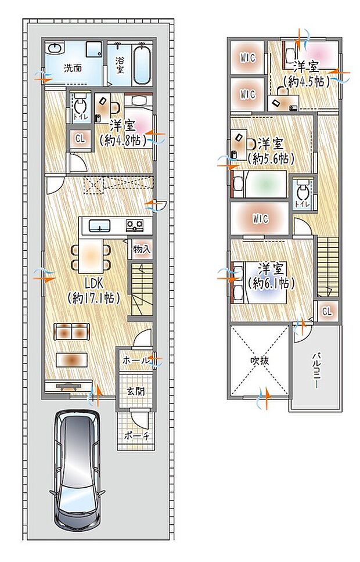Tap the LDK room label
(94, 284)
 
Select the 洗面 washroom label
(73, 67)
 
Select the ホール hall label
(135, 361)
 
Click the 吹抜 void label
(260, 360)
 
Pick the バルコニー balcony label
(317, 369)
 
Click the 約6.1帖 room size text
(271, 284)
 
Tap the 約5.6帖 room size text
(271, 158)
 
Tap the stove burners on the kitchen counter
(135, 225)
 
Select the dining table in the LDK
(91, 255)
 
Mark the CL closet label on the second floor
(327, 312)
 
